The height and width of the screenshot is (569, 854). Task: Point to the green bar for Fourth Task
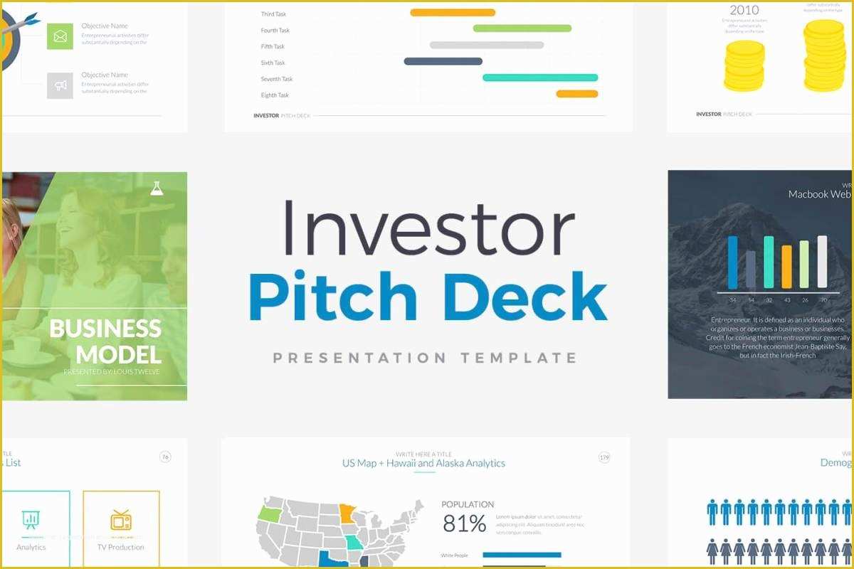[x=522, y=28]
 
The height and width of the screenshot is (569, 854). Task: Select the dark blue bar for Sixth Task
[x=443, y=61]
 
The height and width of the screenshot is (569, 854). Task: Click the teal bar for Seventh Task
[x=540, y=78]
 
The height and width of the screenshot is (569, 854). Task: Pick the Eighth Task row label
[x=275, y=95]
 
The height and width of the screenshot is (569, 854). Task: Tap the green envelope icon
[x=60, y=36]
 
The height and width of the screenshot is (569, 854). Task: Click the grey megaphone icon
[x=60, y=85]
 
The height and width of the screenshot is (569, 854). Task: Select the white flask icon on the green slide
[x=157, y=188]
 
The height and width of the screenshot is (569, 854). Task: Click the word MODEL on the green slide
[x=118, y=354]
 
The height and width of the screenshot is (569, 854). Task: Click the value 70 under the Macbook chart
[x=823, y=300]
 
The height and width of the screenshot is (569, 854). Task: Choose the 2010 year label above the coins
[x=744, y=10]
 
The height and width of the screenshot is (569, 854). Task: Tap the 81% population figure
[x=464, y=524]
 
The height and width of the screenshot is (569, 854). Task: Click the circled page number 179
[x=604, y=457]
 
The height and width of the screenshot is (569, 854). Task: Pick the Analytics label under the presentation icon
[x=31, y=547]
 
